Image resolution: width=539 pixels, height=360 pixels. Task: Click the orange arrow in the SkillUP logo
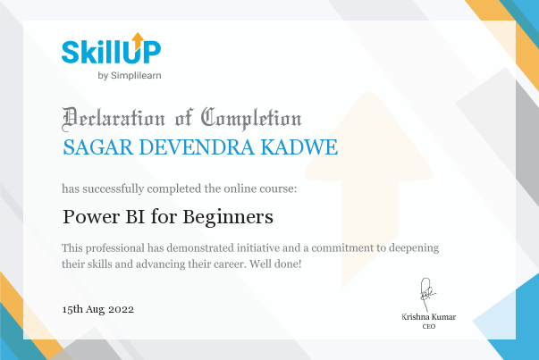click(138, 40)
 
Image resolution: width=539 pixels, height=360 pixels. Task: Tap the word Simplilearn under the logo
click(136, 76)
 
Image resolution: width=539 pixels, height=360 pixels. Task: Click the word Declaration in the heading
click(114, 119)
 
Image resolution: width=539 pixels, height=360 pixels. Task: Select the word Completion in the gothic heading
click(251, 119)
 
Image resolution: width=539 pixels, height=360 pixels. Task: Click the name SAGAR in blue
click(98, 147)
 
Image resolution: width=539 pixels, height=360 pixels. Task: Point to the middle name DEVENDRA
click(197, 147)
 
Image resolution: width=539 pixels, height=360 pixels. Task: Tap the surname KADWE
click(299, 147)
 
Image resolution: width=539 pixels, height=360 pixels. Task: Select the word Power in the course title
click(91, 217)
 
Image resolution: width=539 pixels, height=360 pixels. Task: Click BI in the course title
click(135, 217)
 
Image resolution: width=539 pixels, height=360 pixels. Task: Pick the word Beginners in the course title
click(228, 217)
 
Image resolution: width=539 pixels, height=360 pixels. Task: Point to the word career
click(230, 264)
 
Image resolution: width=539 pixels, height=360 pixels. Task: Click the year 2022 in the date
click(121, 309)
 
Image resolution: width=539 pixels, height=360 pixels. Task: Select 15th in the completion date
click(72, 309)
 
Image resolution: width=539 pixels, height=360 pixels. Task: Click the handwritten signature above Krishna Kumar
click(427, 295)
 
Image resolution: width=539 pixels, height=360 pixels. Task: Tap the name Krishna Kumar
click(429, 317)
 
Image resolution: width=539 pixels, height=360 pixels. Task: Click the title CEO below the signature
click(429, 326)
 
